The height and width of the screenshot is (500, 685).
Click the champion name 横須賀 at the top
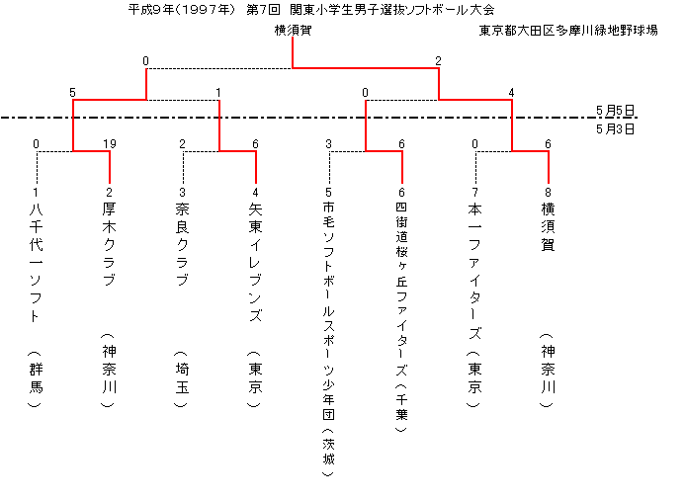coord(293,30)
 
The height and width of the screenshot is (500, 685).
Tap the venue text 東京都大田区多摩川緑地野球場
coord(568,30)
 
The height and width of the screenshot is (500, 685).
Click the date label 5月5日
coord(615,110)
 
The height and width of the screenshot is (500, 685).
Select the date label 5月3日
coord(615,129)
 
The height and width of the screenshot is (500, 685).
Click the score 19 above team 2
coord(109,143)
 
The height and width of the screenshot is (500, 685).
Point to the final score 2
coord(438,60)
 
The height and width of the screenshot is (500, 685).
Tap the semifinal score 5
coord(72,93)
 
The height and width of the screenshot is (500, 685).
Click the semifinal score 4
coord(511,93)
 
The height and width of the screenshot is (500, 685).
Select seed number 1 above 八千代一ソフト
coord(36,192)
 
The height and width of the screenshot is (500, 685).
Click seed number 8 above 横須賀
coord(548,192)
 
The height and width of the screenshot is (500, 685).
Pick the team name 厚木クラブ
coord(109,244)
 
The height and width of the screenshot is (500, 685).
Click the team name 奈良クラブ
coord(182,244)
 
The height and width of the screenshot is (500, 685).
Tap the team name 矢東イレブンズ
coord(256,262)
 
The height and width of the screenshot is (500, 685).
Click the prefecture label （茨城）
coord(328,452)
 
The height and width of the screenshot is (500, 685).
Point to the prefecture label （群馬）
coord(36,378)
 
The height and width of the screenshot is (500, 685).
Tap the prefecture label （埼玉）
coord(182,378)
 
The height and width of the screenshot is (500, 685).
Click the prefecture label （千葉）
coord(401,407)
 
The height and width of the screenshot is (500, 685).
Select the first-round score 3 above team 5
coord(328,143)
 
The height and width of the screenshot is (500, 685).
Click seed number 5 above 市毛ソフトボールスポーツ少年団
coord(328,192)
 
